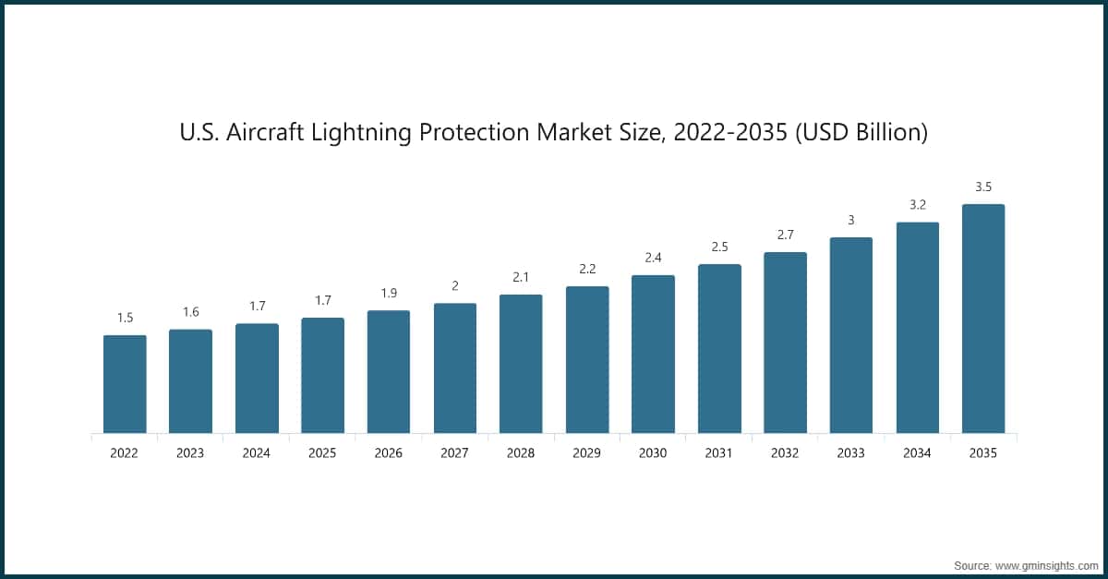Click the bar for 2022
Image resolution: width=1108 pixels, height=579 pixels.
coord(125,384)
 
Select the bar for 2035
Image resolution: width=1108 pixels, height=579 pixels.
coord(983,319)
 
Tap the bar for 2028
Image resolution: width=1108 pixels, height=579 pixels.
coord(521,364)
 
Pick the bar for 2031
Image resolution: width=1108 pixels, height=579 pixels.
coord(719,349)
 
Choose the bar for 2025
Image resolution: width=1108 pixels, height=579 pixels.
coord(322,376)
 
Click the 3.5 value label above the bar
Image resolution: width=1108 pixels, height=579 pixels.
coord(983,187)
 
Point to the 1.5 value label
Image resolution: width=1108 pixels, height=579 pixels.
coord(125,318)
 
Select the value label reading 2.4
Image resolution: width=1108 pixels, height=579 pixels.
coord(653,258)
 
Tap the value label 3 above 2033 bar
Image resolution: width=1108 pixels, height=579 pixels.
coord(851,220)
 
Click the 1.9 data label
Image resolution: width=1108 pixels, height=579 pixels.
coord(389,294)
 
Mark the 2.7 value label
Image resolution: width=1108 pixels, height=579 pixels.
coord(785,235)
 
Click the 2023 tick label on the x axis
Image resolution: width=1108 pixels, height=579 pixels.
coord(190,453)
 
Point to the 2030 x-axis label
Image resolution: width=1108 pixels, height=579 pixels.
coord(653,453)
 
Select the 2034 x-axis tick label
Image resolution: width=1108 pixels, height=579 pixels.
coord(917,453)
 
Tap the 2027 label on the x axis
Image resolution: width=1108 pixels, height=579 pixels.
coord(454,453)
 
